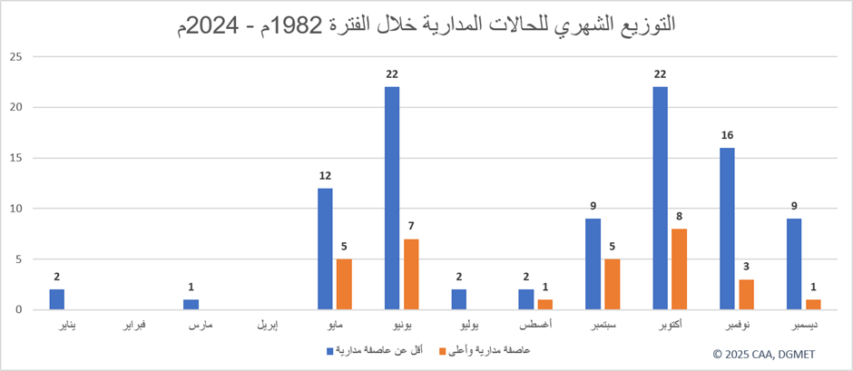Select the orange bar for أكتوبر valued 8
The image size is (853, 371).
click(x=680, y=268)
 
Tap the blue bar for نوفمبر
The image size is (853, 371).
click(x=727, y=229)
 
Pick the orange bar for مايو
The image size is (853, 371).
click(x=344, y=284)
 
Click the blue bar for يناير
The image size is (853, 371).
click(x=57, y=299)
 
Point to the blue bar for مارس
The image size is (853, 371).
click(x=191, y=305)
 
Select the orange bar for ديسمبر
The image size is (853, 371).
click(x=813, y=305)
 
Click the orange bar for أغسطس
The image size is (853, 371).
click(x=545, y=305)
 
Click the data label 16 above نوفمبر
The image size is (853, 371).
click(x=727, y=136)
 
